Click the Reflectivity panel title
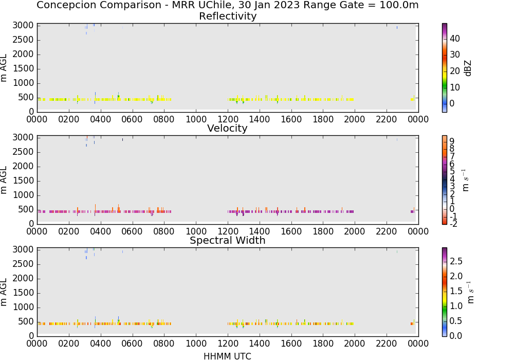tap(228, 16)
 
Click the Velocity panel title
tap(227, 128)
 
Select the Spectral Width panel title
tap(228, 240)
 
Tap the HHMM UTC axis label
tap(227, 356)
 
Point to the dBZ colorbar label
tap(468, 68)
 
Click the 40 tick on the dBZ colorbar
tap(455, 39)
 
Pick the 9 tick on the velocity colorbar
tap(452, 141)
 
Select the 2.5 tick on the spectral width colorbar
tap(456, 261)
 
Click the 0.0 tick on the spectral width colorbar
tap(455, 335)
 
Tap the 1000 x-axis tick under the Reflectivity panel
tap(196, 119)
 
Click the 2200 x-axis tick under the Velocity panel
tap(386, 231)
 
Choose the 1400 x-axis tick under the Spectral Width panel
tap(259, 343)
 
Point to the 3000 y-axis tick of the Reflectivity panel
tap(23, 26)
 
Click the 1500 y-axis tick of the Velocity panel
tap(23, 181)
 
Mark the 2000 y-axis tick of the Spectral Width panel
tap(23, 278)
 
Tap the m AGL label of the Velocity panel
tap(4, 180)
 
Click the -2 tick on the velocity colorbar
tap(453, 224)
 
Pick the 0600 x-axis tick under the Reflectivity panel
tap(132, 119)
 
